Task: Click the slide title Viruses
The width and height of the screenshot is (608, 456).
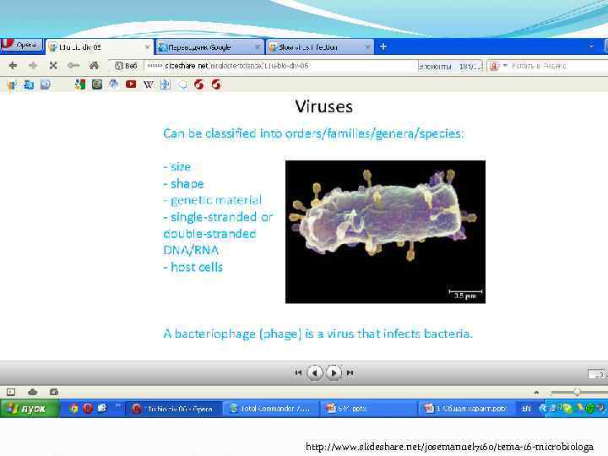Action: tap(323, 106)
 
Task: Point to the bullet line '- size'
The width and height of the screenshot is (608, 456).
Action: tap(177, 166)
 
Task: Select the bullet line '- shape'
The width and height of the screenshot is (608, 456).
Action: tap(183, 183)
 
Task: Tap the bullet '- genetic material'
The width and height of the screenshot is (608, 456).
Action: tap(212, 200)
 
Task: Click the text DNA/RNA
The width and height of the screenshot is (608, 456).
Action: tap(191, 250)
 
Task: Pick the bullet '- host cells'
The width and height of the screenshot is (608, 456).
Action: tap(193, 267)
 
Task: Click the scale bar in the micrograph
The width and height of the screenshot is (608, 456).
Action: tap(464, 291)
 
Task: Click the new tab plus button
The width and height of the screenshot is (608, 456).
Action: tap(383, 46)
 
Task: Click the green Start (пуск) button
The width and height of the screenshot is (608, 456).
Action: tap(30, 409)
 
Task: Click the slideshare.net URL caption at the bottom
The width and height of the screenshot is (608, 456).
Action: tap(449, 446)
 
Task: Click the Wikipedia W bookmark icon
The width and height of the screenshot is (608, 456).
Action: tap(149, 84)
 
